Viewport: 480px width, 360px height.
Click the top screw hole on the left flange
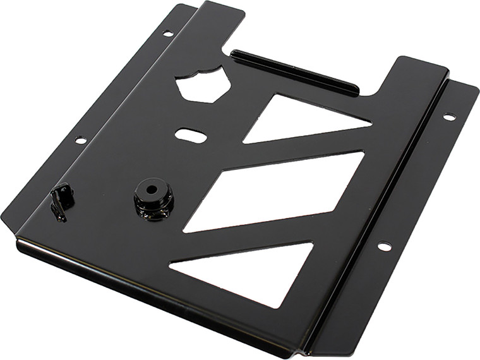tap(167, 33)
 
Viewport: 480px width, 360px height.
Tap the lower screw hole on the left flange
tap(80, 140)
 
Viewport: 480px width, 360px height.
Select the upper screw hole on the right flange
tap(448, 117)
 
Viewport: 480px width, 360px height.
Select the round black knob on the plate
tap(153, 199)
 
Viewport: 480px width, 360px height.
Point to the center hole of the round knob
tap(152, 188)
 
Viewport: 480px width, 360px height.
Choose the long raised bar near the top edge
tap(294, 72)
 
